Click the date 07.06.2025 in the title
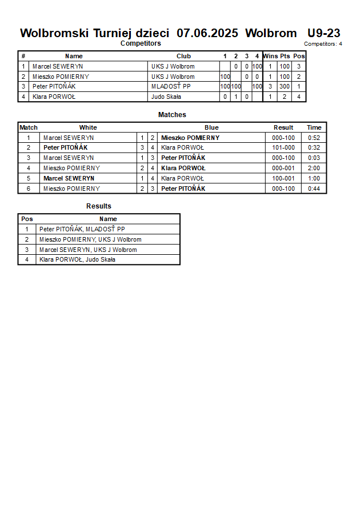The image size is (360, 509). [x=207, y=33]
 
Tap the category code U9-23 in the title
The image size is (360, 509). [x=324, y=33]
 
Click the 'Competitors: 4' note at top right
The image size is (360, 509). [x=323, y=44]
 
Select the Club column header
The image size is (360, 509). [x=183, y=56]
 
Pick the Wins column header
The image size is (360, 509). [x=270, y=56]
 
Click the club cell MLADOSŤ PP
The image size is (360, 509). [x=171, y=87]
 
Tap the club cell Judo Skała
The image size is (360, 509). [x=166, y=97]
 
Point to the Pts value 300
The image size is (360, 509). [x=285, y=87]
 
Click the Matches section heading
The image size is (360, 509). [x=172, y=115]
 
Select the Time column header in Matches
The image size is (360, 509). [x=314, y=127]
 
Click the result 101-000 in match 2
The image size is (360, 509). [x=283, y=147]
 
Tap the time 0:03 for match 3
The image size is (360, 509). [x=314, y=158]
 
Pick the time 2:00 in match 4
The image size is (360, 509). [x=314, y=168]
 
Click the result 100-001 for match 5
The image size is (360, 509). [x=283, y=178]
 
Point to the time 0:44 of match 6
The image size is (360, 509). [x=314, y=189]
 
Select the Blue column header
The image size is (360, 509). [x=211, y=127]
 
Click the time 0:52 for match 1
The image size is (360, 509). [x=314, y=138]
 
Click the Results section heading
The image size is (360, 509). [x=99, y=206]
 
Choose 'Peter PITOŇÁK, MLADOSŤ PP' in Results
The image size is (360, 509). [x=82, y=229]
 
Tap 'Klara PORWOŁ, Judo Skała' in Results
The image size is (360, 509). [x=77, y=259]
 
